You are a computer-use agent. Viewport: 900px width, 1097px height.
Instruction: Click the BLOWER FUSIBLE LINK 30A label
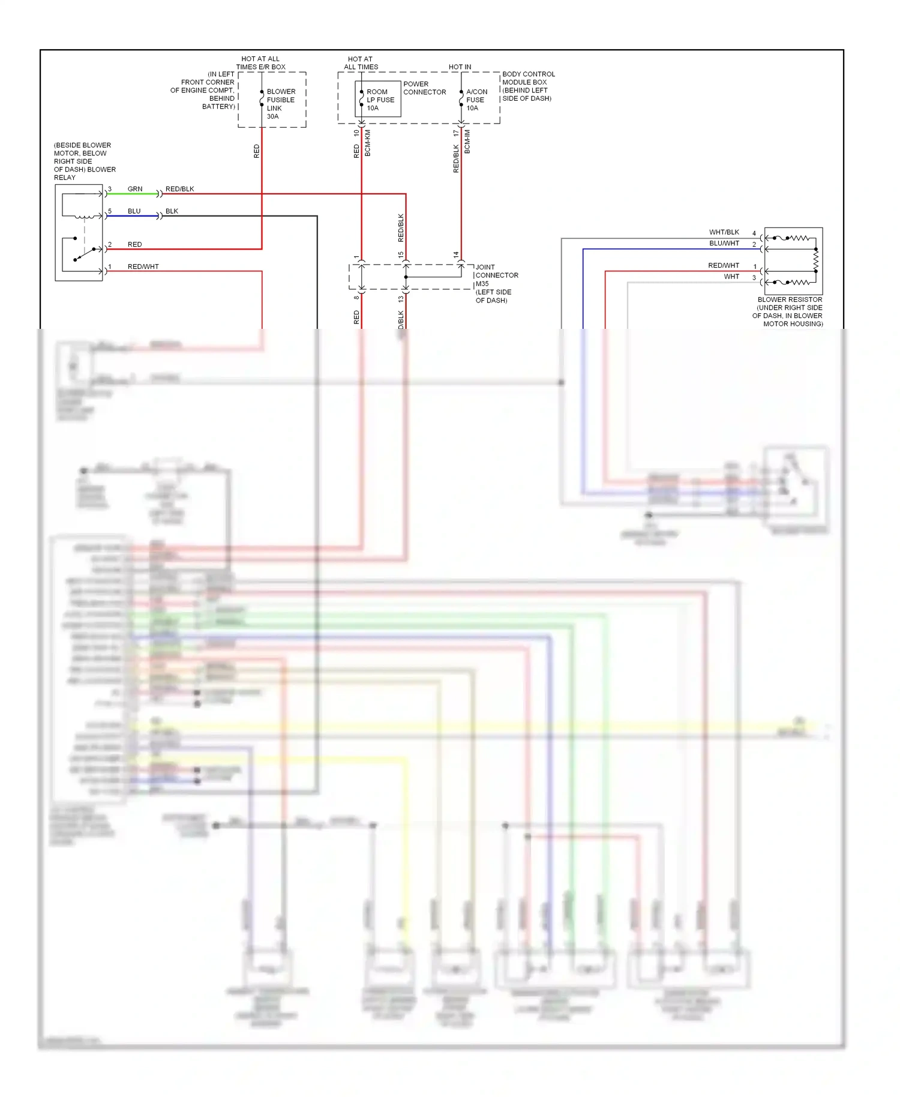pos(280,104)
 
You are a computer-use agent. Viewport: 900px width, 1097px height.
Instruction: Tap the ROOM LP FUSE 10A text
pos(380,100)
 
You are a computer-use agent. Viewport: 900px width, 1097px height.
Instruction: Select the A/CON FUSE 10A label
pos(476,100)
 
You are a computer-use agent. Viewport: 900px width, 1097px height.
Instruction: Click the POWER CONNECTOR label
pos(424,88)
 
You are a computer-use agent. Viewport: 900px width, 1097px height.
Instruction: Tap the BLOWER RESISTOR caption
pos(789,299)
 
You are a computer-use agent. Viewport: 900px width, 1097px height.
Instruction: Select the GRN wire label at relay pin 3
pos(135,189)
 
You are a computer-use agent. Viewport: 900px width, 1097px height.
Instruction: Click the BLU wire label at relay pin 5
pos(134,211)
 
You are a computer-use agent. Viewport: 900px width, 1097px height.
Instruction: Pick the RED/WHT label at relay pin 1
pos(143,266)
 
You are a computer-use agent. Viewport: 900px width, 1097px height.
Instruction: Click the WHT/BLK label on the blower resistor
pos(724,232)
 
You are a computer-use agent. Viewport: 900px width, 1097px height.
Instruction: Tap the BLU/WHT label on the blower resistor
pos(724,244)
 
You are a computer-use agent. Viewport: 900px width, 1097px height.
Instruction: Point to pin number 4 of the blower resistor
pos(754,233)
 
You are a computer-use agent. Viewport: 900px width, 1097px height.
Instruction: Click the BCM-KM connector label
pos(368,143)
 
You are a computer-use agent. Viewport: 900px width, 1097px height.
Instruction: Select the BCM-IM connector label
pos(467,142)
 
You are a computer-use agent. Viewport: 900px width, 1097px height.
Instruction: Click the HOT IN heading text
pos(460,67)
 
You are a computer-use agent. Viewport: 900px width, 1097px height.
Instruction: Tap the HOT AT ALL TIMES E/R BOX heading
pos(260,63)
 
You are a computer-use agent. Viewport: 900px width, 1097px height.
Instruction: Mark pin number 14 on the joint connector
pos(456,255)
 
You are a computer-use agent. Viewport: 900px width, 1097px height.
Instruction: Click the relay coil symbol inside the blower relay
pos(83,216)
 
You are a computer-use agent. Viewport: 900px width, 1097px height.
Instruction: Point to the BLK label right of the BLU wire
pos(172,211)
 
